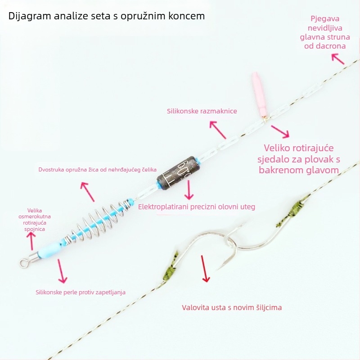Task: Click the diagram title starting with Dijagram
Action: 106,16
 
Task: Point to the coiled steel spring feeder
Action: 98,221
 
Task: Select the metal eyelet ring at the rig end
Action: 23,262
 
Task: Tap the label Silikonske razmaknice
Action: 202,111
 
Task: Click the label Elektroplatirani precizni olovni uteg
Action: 197,207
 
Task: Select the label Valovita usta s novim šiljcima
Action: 232,307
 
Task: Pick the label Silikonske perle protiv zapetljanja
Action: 81,292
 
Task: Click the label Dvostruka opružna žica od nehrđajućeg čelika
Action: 97,170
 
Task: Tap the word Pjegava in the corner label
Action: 325,19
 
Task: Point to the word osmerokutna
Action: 35,216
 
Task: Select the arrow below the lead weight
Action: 189,189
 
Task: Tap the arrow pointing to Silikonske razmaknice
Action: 218,130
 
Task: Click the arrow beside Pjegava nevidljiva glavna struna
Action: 338,59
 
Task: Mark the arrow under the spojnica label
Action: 32,241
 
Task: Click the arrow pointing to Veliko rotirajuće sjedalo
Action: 280,131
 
